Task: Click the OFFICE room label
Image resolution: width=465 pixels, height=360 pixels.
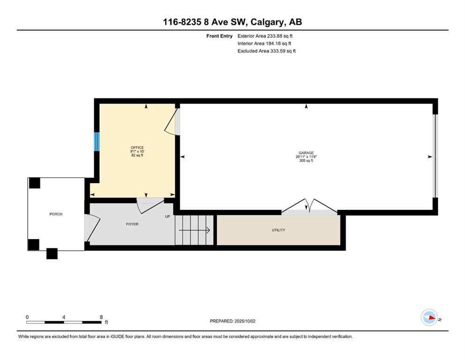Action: [x=137, y=148]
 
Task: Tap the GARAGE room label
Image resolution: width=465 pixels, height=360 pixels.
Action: [x=306, y=153]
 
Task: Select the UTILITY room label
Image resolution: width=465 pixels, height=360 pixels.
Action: [x=279, y=230]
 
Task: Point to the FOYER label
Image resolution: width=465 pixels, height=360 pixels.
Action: [x=132, y=224]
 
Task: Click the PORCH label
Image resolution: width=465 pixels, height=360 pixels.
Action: [x=56, y=214]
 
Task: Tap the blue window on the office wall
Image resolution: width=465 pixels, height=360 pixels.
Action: [x=97, y=142]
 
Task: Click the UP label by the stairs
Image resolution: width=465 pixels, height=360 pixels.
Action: [x=167, y=217]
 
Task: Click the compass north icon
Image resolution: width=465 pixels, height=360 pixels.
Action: [x=429, y=318]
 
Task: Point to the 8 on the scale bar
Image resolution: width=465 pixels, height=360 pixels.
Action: [x=101, y=317]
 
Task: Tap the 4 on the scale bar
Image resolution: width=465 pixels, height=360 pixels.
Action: [x=63, y=317]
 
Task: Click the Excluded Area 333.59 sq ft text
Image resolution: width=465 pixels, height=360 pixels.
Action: [x=266, y=51]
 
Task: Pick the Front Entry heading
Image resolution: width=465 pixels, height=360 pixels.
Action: [x=219, y=36]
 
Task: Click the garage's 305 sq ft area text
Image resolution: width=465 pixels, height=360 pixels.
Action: [x=306, y=161]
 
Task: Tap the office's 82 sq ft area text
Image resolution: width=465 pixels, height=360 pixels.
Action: [x=137, y=155]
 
